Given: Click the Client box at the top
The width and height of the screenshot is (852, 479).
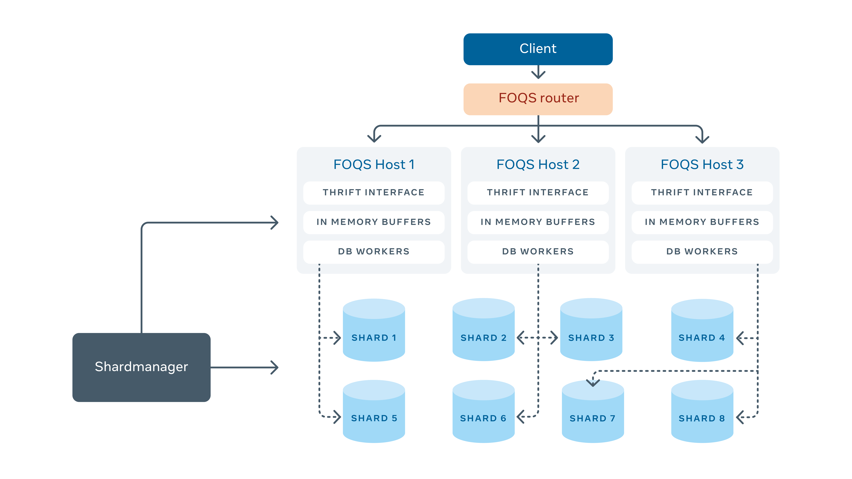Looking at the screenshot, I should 538,49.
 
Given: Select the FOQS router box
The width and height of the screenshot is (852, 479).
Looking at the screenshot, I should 538,98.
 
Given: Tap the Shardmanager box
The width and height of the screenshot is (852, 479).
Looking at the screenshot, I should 141,367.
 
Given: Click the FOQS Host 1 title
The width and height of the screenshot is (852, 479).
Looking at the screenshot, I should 374,164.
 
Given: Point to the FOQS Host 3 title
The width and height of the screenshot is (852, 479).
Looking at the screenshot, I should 702,164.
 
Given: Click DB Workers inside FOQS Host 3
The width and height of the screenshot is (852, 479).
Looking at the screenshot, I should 702,252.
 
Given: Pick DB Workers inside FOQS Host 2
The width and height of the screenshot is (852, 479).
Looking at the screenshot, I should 538,252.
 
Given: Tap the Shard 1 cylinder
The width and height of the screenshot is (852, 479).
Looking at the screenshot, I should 374,331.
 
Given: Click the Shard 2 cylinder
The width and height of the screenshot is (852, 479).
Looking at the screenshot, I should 483,331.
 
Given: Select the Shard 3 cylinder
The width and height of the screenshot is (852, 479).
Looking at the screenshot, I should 591,331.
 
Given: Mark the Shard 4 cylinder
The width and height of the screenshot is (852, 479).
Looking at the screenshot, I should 702,331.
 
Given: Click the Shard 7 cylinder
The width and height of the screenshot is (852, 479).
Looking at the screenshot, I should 593,413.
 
